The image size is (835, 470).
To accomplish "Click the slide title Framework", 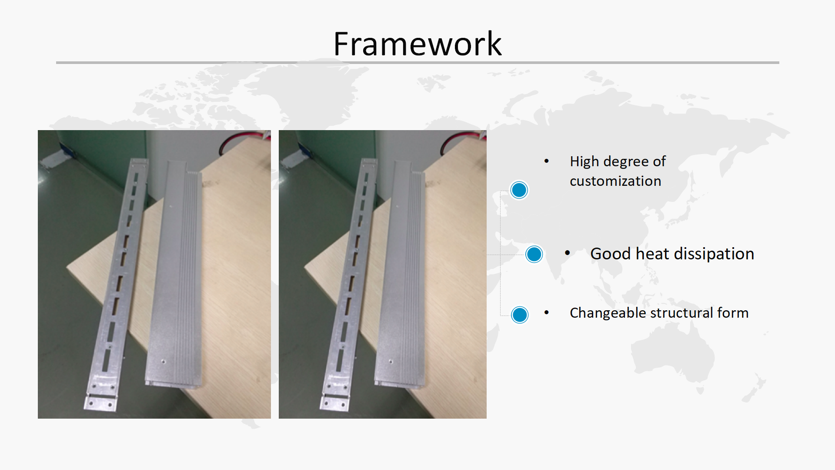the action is point(417,44).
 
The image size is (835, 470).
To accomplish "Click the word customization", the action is point(615,181).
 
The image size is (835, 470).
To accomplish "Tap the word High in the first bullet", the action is point(584,161).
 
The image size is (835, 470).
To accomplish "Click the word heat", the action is point(652,254).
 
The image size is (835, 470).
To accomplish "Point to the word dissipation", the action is point(714,254).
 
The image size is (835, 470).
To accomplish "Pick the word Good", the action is point(611,254).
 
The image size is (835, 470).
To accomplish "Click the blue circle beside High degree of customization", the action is point(519,190).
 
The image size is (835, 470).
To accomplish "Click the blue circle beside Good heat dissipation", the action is point(534,254).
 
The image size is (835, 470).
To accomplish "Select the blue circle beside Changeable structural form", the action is point(520,315).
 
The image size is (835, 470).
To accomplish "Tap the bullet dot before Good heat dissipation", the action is point(568,252).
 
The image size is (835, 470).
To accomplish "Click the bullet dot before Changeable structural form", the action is point(547,312).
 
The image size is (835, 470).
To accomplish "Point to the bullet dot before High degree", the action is point(547,161).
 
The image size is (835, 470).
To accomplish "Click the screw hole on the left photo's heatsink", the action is point(164,361).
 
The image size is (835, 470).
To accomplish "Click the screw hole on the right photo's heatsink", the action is point(391,361).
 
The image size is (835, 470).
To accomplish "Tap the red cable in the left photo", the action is point(244,136).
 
